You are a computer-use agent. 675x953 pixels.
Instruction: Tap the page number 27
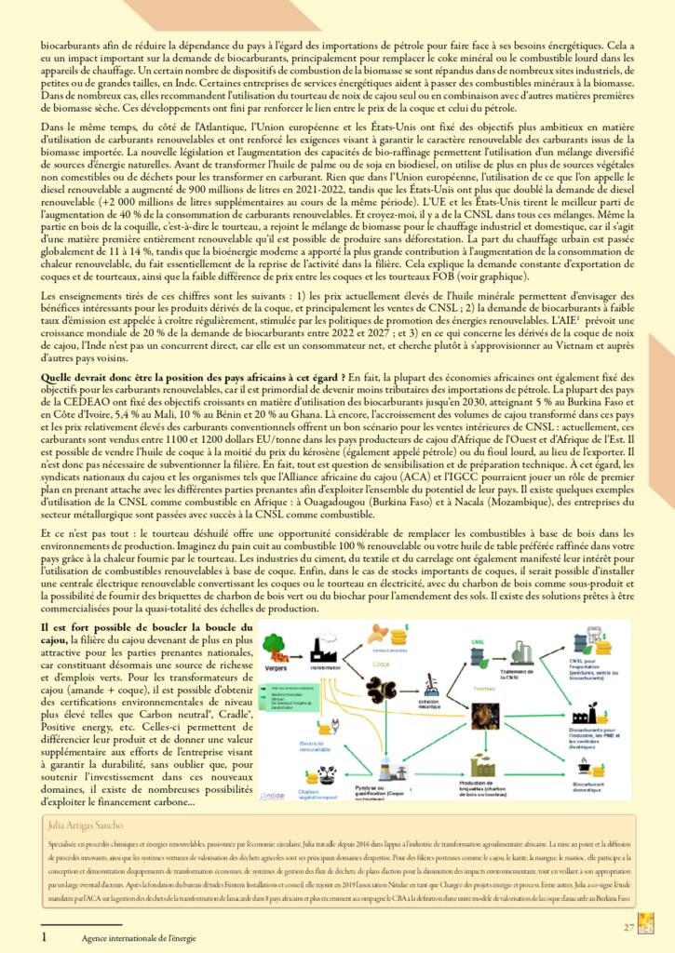pos(628,927)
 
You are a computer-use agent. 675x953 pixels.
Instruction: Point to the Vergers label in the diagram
pos(277,667)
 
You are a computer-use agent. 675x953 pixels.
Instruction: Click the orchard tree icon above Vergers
pos(279,647)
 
